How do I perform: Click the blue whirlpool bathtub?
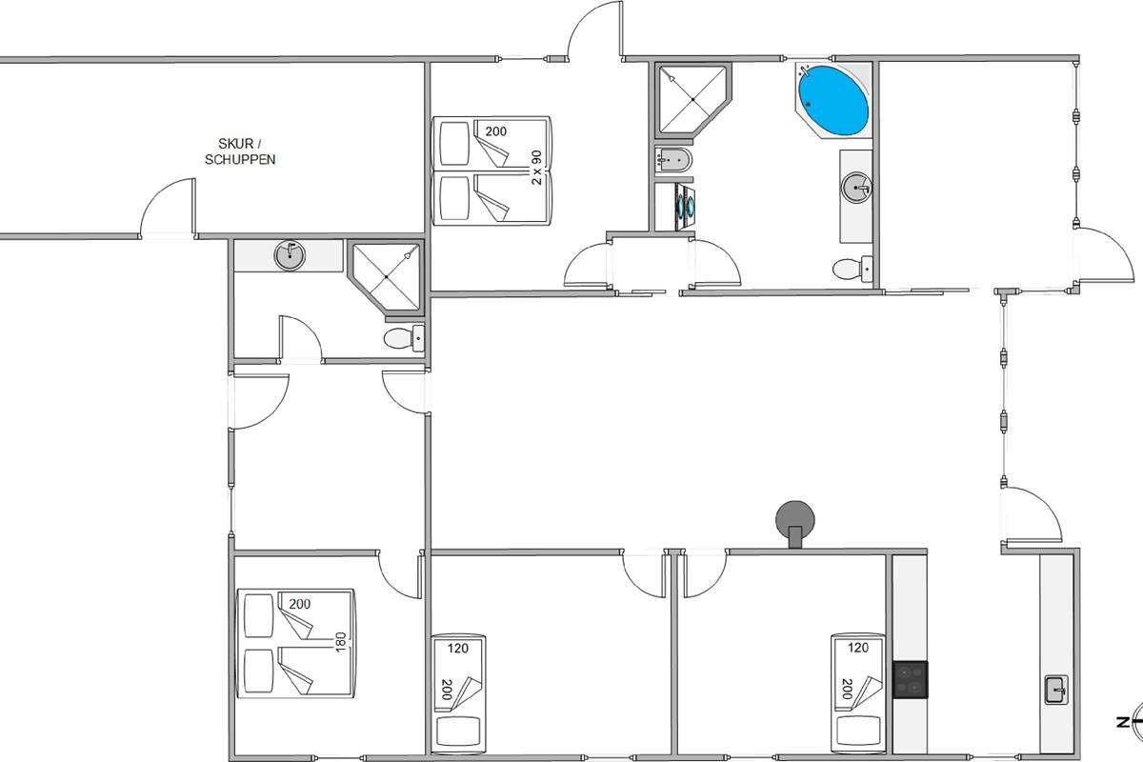click(x=832, y=101)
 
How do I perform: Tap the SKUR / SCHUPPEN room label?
click(x=240, y=151)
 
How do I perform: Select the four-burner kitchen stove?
click(x=911, y=680)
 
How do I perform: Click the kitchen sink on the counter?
click(x=1056, y=690)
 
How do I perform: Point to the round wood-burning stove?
click(x=795, y=524)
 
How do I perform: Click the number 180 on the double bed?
click(x=341, y=642)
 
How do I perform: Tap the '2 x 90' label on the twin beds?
click(x=536, y=168)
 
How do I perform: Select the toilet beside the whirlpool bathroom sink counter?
click(x=852, y=269)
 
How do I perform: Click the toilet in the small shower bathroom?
click(x=404, y=338)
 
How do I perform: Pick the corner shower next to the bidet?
click(x=693, y=99)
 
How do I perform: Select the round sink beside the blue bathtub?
click(x=856, y=188)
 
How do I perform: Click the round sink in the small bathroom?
click(x=290, y=255)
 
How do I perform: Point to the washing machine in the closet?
click(x=674, y=206)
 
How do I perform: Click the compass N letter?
click(x=1123, y=722)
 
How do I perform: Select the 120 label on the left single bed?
click(x=458, y=649)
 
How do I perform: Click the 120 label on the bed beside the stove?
click(x=858, y=649)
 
